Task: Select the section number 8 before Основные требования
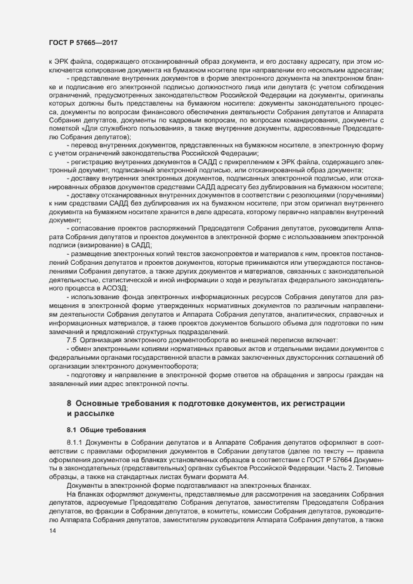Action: [x=69, y=403]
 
